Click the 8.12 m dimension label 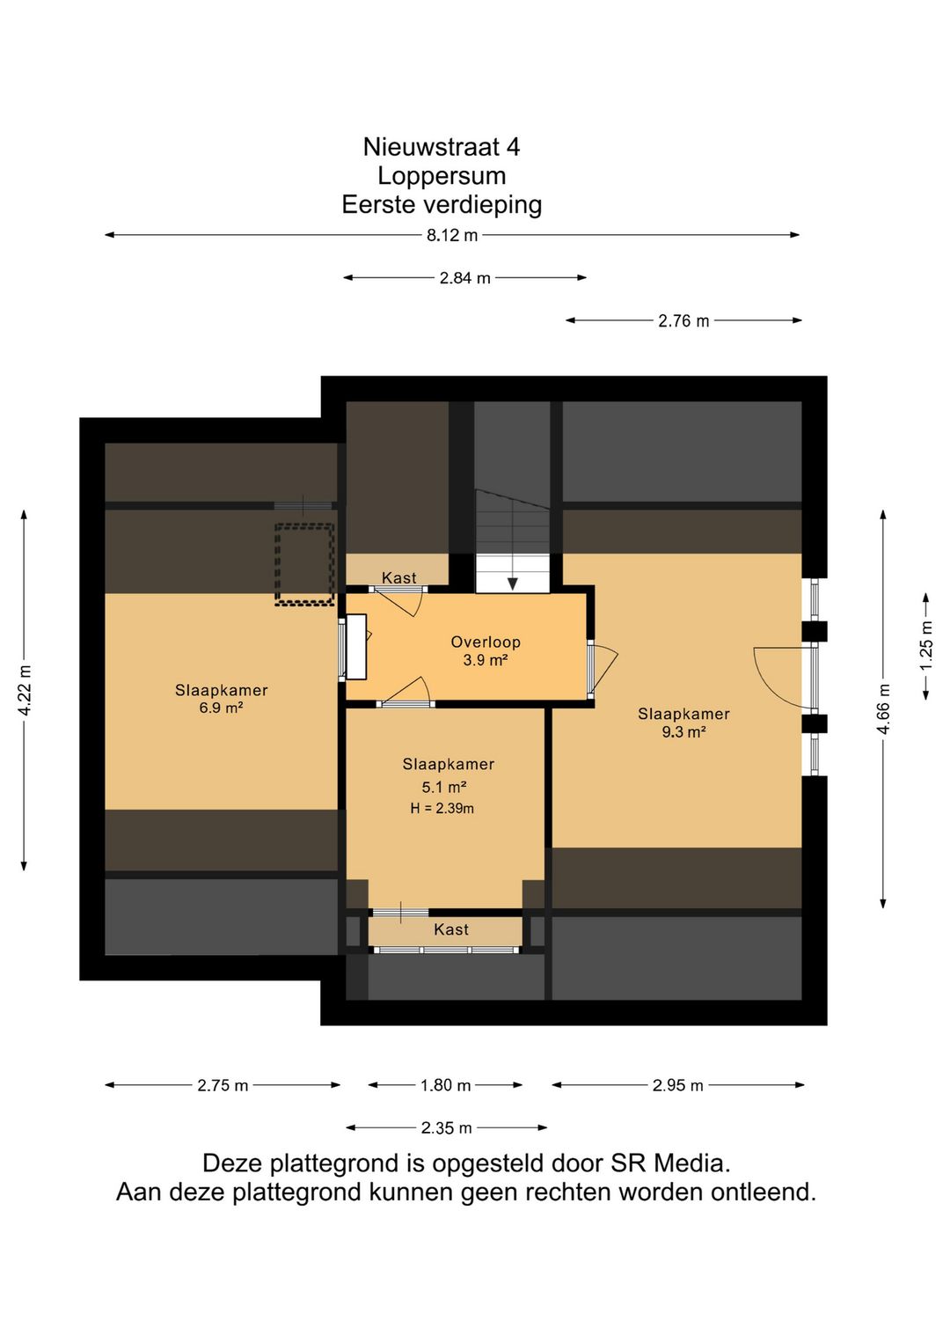(x=452, y=235)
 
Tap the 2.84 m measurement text (x=465, y=278)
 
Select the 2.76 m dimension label (x=683, y=321)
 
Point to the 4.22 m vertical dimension (x=25, y=690)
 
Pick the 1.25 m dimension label (x=926, y=646)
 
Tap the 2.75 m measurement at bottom (x=223, y=1085)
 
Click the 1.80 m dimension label (x=445, y=1085)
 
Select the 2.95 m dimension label (x=677, y=1085)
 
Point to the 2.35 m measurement (x=447, y=1128)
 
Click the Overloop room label (x=486, y=642)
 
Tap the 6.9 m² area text (x=221, y=708)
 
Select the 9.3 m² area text (x=683, y=732)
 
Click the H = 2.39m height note (x=442, y=809)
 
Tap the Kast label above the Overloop (x=399, y=577)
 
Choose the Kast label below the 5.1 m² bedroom (x=451, y=930)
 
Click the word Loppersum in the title (x=442, y=176)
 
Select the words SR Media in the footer (x=670, y=1163)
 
